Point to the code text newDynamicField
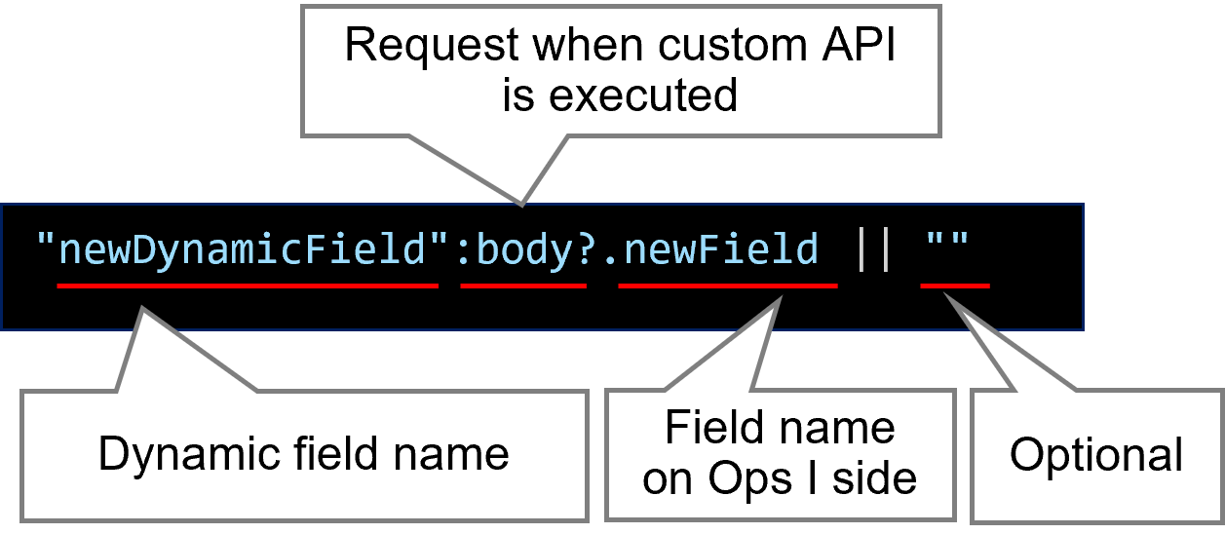[244, 249]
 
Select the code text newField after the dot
[721, 249]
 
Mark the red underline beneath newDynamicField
[248, 286]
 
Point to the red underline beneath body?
[523, 286]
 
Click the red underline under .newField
[728, 286]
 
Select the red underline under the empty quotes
[955, 286]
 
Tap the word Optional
[1096, 454]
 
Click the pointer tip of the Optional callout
[946, 297]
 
